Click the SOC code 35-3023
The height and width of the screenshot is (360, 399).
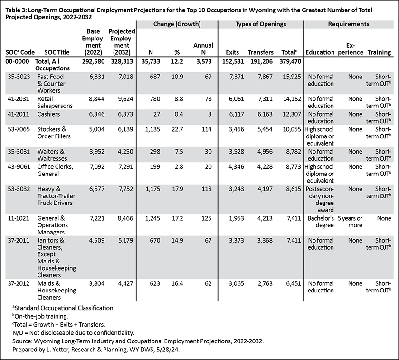pos(19,77)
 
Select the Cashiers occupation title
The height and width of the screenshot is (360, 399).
pos(48,114)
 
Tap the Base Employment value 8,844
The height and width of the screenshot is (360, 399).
pos(97,99)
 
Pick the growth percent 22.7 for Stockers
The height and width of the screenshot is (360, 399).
pos(177,129)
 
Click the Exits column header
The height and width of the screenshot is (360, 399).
pos(232,52)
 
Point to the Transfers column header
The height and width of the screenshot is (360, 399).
pos(261,52)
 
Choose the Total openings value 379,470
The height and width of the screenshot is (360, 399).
pos(290,62)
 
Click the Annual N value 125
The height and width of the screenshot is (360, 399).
pos(206,218)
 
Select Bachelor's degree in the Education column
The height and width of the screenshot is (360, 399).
pos(321,222)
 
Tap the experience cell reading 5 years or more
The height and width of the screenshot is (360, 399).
pos(350,222)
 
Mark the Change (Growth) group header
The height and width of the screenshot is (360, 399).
pos(177,24)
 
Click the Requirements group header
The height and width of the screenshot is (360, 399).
pos(348,24)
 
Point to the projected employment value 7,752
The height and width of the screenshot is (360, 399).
pos(125,189)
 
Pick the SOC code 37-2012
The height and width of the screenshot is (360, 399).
pos(19,283)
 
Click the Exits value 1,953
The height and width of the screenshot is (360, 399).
pos(237,218)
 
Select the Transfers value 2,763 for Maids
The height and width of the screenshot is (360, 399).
pos(265,283)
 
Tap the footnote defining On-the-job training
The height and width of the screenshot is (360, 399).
pos(40,316)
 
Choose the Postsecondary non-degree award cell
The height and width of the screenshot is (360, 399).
pos(320,199)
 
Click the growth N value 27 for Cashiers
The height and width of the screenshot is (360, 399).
pos(157,114)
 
